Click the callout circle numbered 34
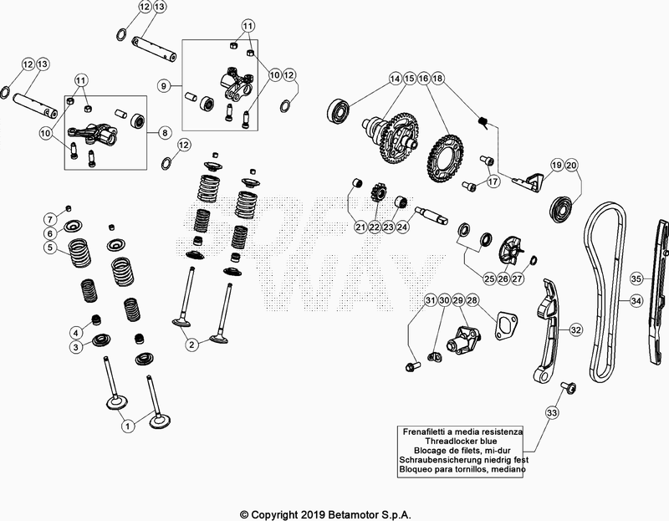[636, 300]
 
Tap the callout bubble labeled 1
[128, 426]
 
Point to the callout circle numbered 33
[550, 411]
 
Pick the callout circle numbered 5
[50, 248]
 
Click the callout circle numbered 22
[374, 227]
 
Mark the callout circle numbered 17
[493, 180]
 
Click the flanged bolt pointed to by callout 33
[569, 386]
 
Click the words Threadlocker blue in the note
[462, 442]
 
